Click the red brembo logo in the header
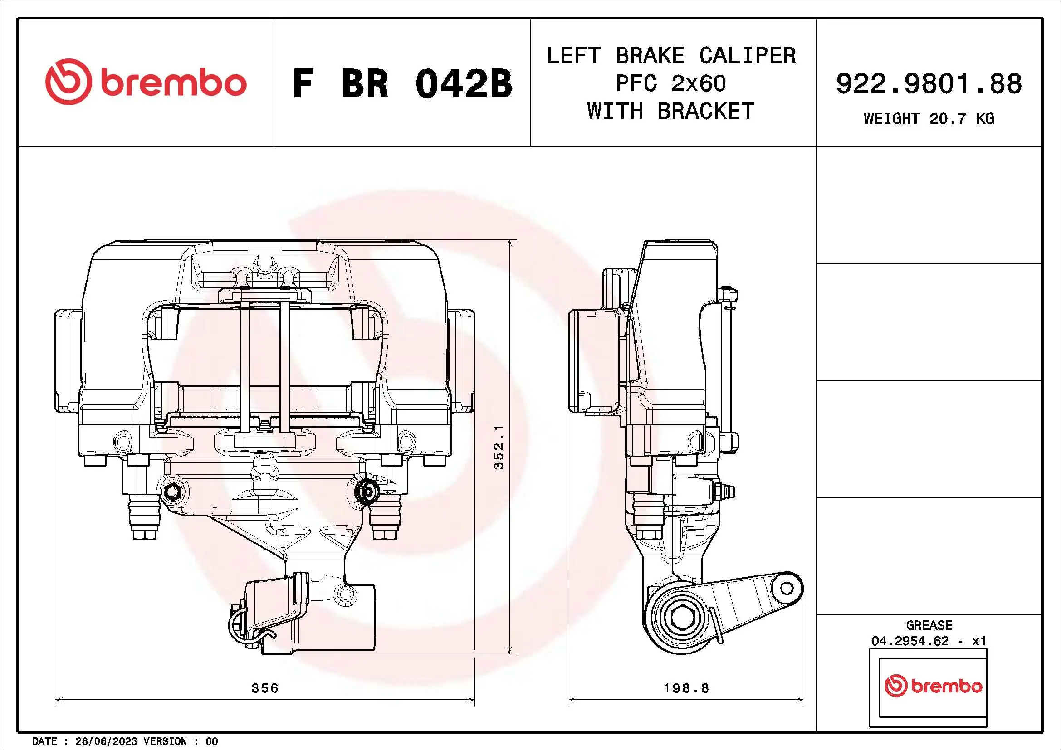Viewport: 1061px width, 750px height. (146, 82)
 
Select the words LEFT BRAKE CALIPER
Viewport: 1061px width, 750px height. (671, 55)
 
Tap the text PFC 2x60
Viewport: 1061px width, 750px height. (671, 83)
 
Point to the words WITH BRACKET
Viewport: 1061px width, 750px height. (671, 111)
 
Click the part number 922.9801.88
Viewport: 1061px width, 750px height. (929, 83)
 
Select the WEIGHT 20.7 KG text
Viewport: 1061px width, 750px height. (929, 119)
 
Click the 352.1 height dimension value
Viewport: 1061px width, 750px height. (499, 448)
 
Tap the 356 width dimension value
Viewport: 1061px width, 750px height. (265, 688)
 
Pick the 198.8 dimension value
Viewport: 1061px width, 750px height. (686, 688)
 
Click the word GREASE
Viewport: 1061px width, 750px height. (929, 625)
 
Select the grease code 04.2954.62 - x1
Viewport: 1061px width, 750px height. (929, 641)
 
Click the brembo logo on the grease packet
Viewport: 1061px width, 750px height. (934, 686)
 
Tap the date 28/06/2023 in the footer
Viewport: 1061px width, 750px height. (106, 741)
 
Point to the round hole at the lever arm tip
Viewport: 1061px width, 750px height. (787, 589)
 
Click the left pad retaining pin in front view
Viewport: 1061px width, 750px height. (244, 365)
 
